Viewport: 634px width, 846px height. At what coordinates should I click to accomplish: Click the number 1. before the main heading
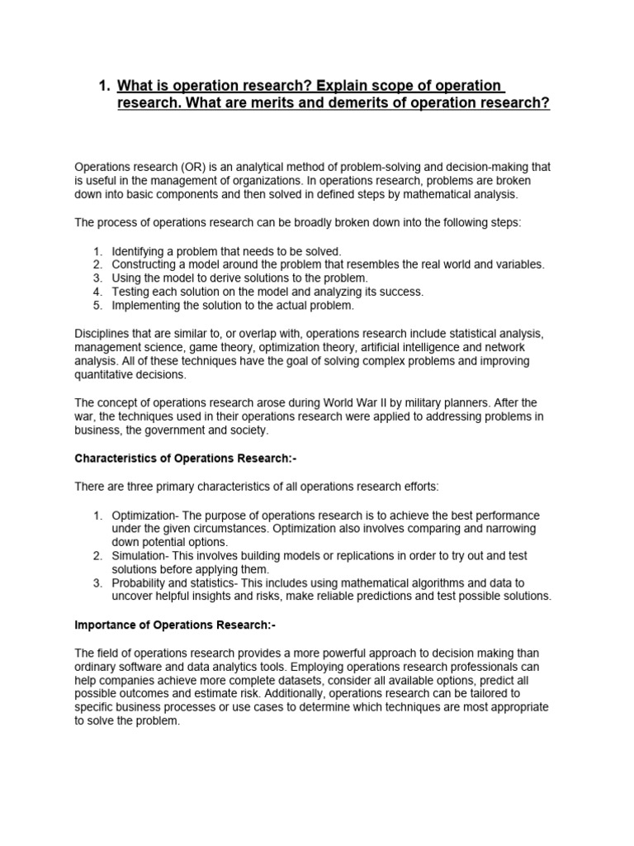click(103, 86)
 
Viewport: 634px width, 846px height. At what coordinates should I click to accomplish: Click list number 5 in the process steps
click(97, 306)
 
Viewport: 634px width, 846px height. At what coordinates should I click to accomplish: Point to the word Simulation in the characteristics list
click(140, 556)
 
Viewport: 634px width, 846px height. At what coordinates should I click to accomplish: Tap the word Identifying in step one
click(140, 250)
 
